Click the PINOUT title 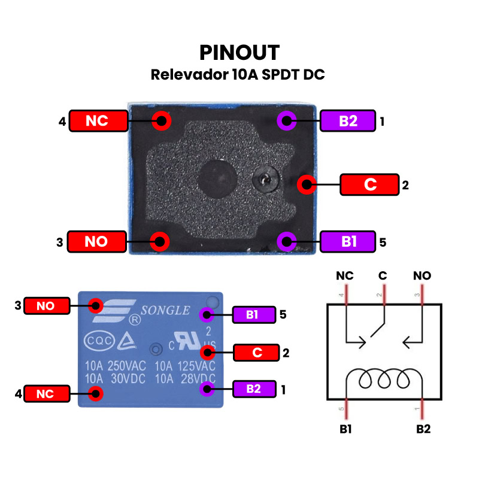pyautogui.click(x=239, y=53)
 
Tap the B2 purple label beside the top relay pyautogui.click(x=348, y=121)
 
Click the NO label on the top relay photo pyautogui.click(x=96, y=241)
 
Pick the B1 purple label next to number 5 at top pyautogui.click(x=348, y=241)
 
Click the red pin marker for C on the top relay pyautogui.click(x=307, y=184)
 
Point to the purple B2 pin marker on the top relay pyautogui.click(x=287, y=121)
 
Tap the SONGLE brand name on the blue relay pyautogui.click(x=165, y=311)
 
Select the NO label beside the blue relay pyautogui.click(x=46, y=306)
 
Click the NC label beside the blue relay pyautogui.click(x=46, y=394)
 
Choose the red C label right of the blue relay pyautogui.click(x=257, y=353)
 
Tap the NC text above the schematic pyautogui.click(x=345, y=276)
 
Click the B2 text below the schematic pyautogui.click(x=423, y=429)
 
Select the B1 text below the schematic pyautogui.click(x=345, y=429)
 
